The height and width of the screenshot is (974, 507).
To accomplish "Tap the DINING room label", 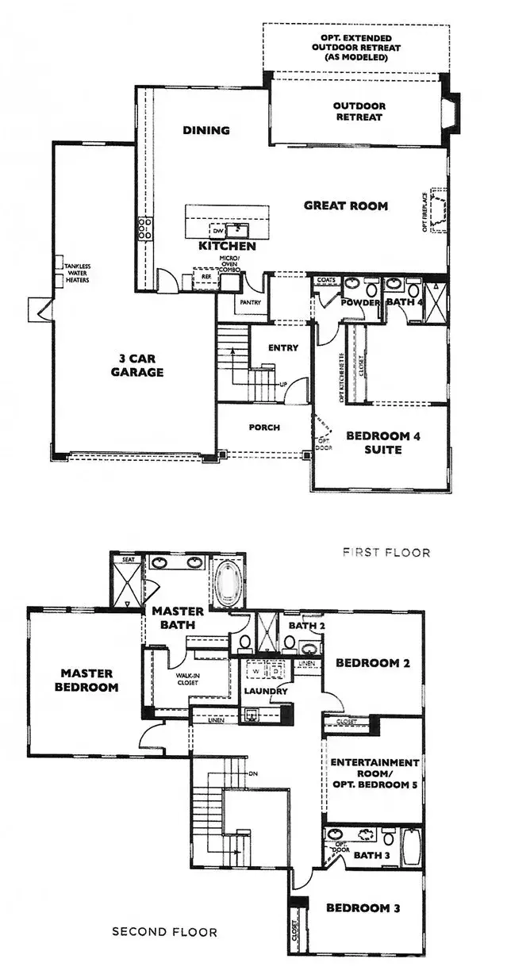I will click(205, 130).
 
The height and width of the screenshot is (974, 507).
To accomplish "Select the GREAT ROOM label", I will click(346, 205).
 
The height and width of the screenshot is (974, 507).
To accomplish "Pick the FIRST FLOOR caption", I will click(386, 552).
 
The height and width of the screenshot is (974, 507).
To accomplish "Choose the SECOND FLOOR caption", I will click(163, 932).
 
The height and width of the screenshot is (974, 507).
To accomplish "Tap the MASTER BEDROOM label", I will click(88, 680).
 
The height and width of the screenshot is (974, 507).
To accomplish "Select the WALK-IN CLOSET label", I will click(186, 679).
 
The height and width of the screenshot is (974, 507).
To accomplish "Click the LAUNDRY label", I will click(265, 692).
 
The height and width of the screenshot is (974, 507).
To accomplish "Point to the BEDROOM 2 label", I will click(372, 664).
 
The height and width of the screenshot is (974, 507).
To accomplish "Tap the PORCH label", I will click(263, 428).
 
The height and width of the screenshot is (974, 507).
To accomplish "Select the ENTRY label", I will click(283, 347).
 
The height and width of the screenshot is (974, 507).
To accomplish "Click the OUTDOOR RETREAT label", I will click(358, 111).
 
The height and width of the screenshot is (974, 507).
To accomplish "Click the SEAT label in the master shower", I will click(127, 559).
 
